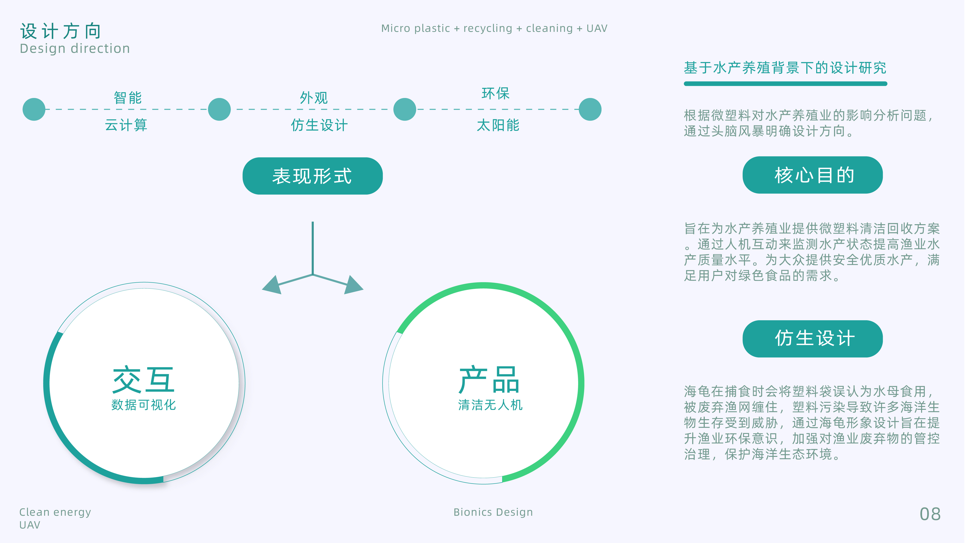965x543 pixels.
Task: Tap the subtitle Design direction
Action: [x=75, y=49]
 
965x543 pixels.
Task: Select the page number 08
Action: [x=930, y=514]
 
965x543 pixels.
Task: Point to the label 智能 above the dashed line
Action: [x=128, y=98]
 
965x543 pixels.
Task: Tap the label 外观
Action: [x=314, y=98]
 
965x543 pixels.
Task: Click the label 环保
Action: [x=496, y=93]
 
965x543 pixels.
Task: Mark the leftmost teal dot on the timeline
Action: [x=34, y=109]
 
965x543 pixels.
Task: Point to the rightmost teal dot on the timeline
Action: [x=590, y=109]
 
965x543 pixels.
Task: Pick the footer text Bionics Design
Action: [x=493, y=512]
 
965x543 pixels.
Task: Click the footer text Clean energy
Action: [x=55, y=512]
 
